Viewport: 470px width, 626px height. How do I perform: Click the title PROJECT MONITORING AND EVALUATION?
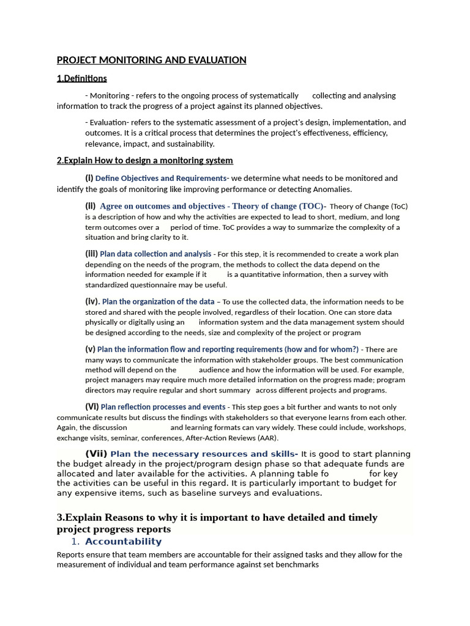[x=152, y=60]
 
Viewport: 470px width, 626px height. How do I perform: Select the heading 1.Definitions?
[x=82, y=78]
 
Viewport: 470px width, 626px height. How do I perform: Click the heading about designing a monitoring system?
[x=144, y=160]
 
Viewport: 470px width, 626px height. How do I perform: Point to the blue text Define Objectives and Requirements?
[x=160, y=179]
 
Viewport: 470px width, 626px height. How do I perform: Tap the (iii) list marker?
[x=91, y=254]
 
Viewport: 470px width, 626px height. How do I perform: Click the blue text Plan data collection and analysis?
[x=155, y=254]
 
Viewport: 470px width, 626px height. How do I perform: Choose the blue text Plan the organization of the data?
[x=158, y=302]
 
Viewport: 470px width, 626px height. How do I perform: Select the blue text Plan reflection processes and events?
[x=163, y=407]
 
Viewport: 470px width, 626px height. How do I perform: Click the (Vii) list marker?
[x=96, y=454]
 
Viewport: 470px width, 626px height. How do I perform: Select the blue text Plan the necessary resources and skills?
[x=203, y=454]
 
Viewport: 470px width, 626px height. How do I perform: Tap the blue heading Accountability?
[x=123, y=542]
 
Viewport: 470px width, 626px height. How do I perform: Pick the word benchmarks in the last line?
[x=297, y=565]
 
